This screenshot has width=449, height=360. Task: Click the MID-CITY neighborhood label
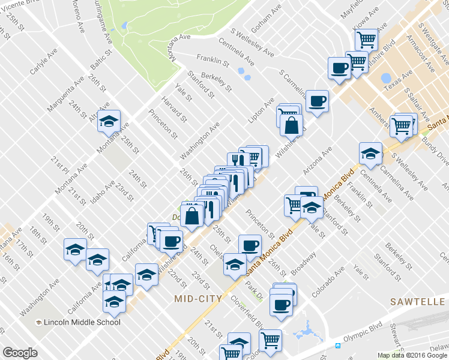(x=198, y=298)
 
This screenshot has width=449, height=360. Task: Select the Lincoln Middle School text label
(x=82, y=322)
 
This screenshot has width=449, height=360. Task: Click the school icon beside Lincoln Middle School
(x=39, y=323)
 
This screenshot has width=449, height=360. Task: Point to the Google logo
(x=20, y=353)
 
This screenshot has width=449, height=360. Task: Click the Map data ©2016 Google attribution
(x=412, y=355)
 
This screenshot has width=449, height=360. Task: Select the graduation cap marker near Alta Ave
(x=109, y=121)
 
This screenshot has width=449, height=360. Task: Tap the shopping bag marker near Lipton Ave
(x=291, y=126)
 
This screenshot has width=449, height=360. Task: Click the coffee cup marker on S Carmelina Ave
(x=316, y=100)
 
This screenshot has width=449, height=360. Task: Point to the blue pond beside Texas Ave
(x=386, y=79)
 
